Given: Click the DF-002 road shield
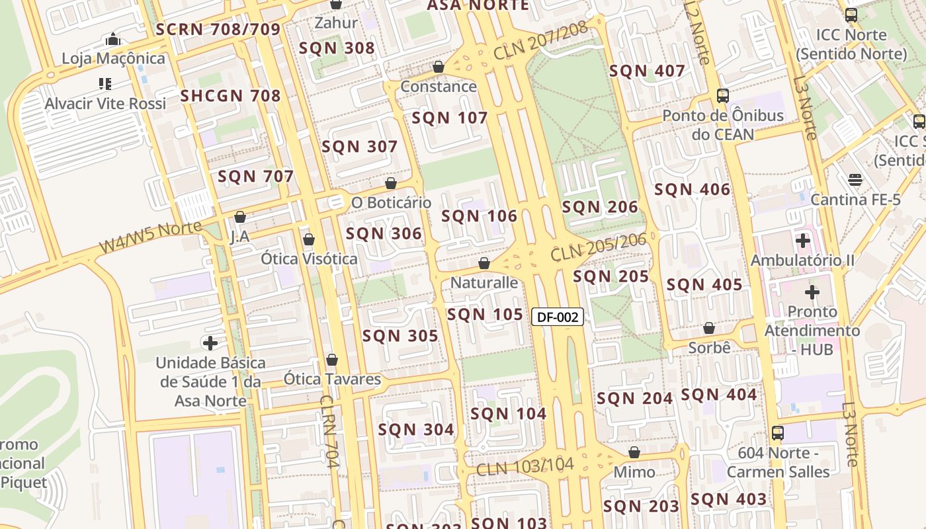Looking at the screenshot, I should (x=558, y=317).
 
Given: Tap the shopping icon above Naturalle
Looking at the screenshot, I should (x=484, y=263).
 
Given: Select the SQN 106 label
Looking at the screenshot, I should (x=479, y=216).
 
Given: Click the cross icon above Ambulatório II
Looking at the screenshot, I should (x=803, y=241).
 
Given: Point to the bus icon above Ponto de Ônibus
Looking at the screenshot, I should (x=722, y=96).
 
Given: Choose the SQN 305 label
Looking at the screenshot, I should (x=400, y=336).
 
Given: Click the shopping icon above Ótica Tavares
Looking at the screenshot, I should (x=332, y=360).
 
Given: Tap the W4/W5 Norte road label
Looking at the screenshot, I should (x=150, y=237).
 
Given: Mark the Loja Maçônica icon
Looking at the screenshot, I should (x=113, y=39).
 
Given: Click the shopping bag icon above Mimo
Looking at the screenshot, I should (x=634, y=452).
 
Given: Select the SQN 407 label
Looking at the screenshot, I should (x=647, y=71).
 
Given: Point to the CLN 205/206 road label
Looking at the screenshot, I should (x=598, y=247).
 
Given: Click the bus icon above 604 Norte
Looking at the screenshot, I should (x=778, y=433).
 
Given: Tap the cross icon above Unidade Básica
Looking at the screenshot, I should (x=210, y=343).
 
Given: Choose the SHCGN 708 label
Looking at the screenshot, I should (x=230, y=96).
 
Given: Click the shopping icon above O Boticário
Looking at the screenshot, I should (x=391, y=183).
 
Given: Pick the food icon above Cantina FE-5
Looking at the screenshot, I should (x=855, y=180).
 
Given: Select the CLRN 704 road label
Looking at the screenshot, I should (x=329, y=431).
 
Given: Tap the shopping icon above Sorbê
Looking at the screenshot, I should (x=709, y=328).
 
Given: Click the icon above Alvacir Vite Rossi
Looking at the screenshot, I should (x=105, y=84).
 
